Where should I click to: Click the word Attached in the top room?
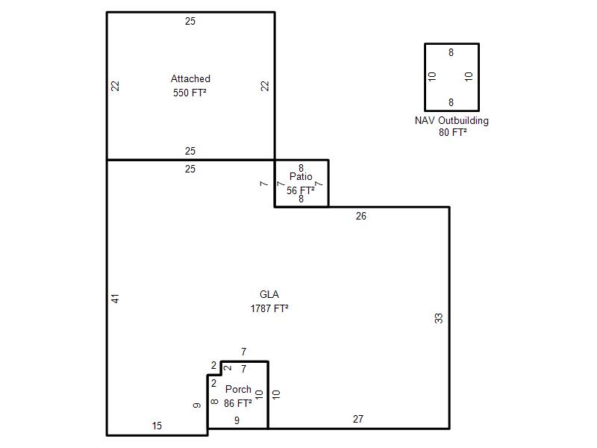pyautogui.click(x=190, y=79)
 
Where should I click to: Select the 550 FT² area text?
pyautogui.click(x=190, y=93)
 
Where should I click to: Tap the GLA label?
pyautogui.click(x=269, y=294)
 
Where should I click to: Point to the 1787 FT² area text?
pyautogui.click(x=269, y=308)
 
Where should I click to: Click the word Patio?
pyautogui.click(x=301, y=176)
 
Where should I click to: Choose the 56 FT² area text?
pyautogui.click(x=301, y=190)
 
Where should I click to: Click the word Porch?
pyautogui.click(x=238, y=389)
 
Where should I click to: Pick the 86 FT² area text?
pyautogui.click(x=237, y=403)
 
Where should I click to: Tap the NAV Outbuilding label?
pyautogui.click(x=451, y=121)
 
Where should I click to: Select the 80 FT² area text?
pyautogui.click(x=453, y=132)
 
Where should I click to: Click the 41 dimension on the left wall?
pyautogui.click(x=116, y=298)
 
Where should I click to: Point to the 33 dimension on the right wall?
pyautogui.click(x=439, y=318)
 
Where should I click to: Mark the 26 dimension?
pyautogui.click(x=361, y=216)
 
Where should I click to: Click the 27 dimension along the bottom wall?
pyautogui.click(x=358, y=419)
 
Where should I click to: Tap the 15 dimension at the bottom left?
pyautogui.click(x=157, y=426)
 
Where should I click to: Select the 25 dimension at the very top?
pyautogui.click(x=190, y=22)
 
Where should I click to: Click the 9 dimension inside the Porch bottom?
pyautogui.click(x=237, y=420)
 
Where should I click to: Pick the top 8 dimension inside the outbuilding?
pyautogui.click(x=451, y=52)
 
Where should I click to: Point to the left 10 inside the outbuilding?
pyautogui.click(x=432, y=77)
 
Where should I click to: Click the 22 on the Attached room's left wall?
pyautogui.click(x=115, y=86)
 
